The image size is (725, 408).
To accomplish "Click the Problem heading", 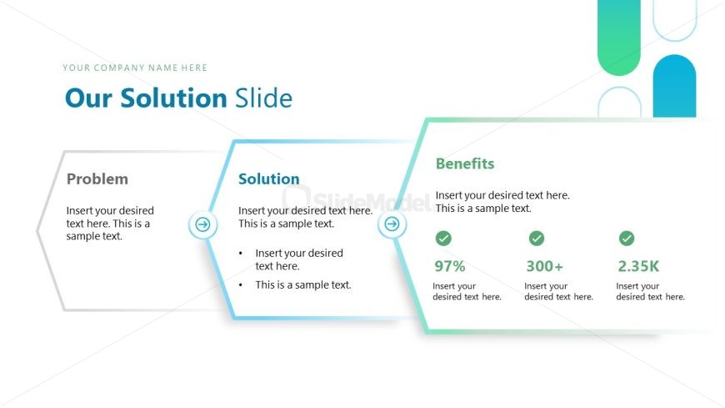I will (x=97, y=179).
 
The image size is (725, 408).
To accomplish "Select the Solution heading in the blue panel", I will (x=268, y=179).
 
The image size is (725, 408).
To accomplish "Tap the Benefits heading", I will (x=464, y=164).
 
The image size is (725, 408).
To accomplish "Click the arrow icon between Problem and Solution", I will (x=202, y=224).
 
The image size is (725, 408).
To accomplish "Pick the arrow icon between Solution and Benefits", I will (x=392, y=224).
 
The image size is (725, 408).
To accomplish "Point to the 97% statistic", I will (x=450, y=267).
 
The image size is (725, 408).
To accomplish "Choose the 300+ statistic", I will (x=544, y=267).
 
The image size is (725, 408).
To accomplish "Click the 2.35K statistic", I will (x=638, y=267).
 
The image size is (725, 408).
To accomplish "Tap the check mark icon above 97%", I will (x=443, y=239).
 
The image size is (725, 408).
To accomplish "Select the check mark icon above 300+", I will (x=537, y=239).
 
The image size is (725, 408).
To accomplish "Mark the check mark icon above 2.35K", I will (x=627, y=239).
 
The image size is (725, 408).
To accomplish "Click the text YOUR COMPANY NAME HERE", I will (x=135, y=68).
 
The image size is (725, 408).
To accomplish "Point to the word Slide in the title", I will (x=263, y=98).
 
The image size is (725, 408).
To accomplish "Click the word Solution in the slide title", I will (x=173, y=98).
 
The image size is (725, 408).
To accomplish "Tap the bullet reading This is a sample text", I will (x=303, y=285).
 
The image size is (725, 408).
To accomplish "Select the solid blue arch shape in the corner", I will (x=674, y=87).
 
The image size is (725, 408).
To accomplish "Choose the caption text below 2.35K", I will (x=650, y=291).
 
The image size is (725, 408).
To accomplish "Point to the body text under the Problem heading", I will (x=110, y=223).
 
